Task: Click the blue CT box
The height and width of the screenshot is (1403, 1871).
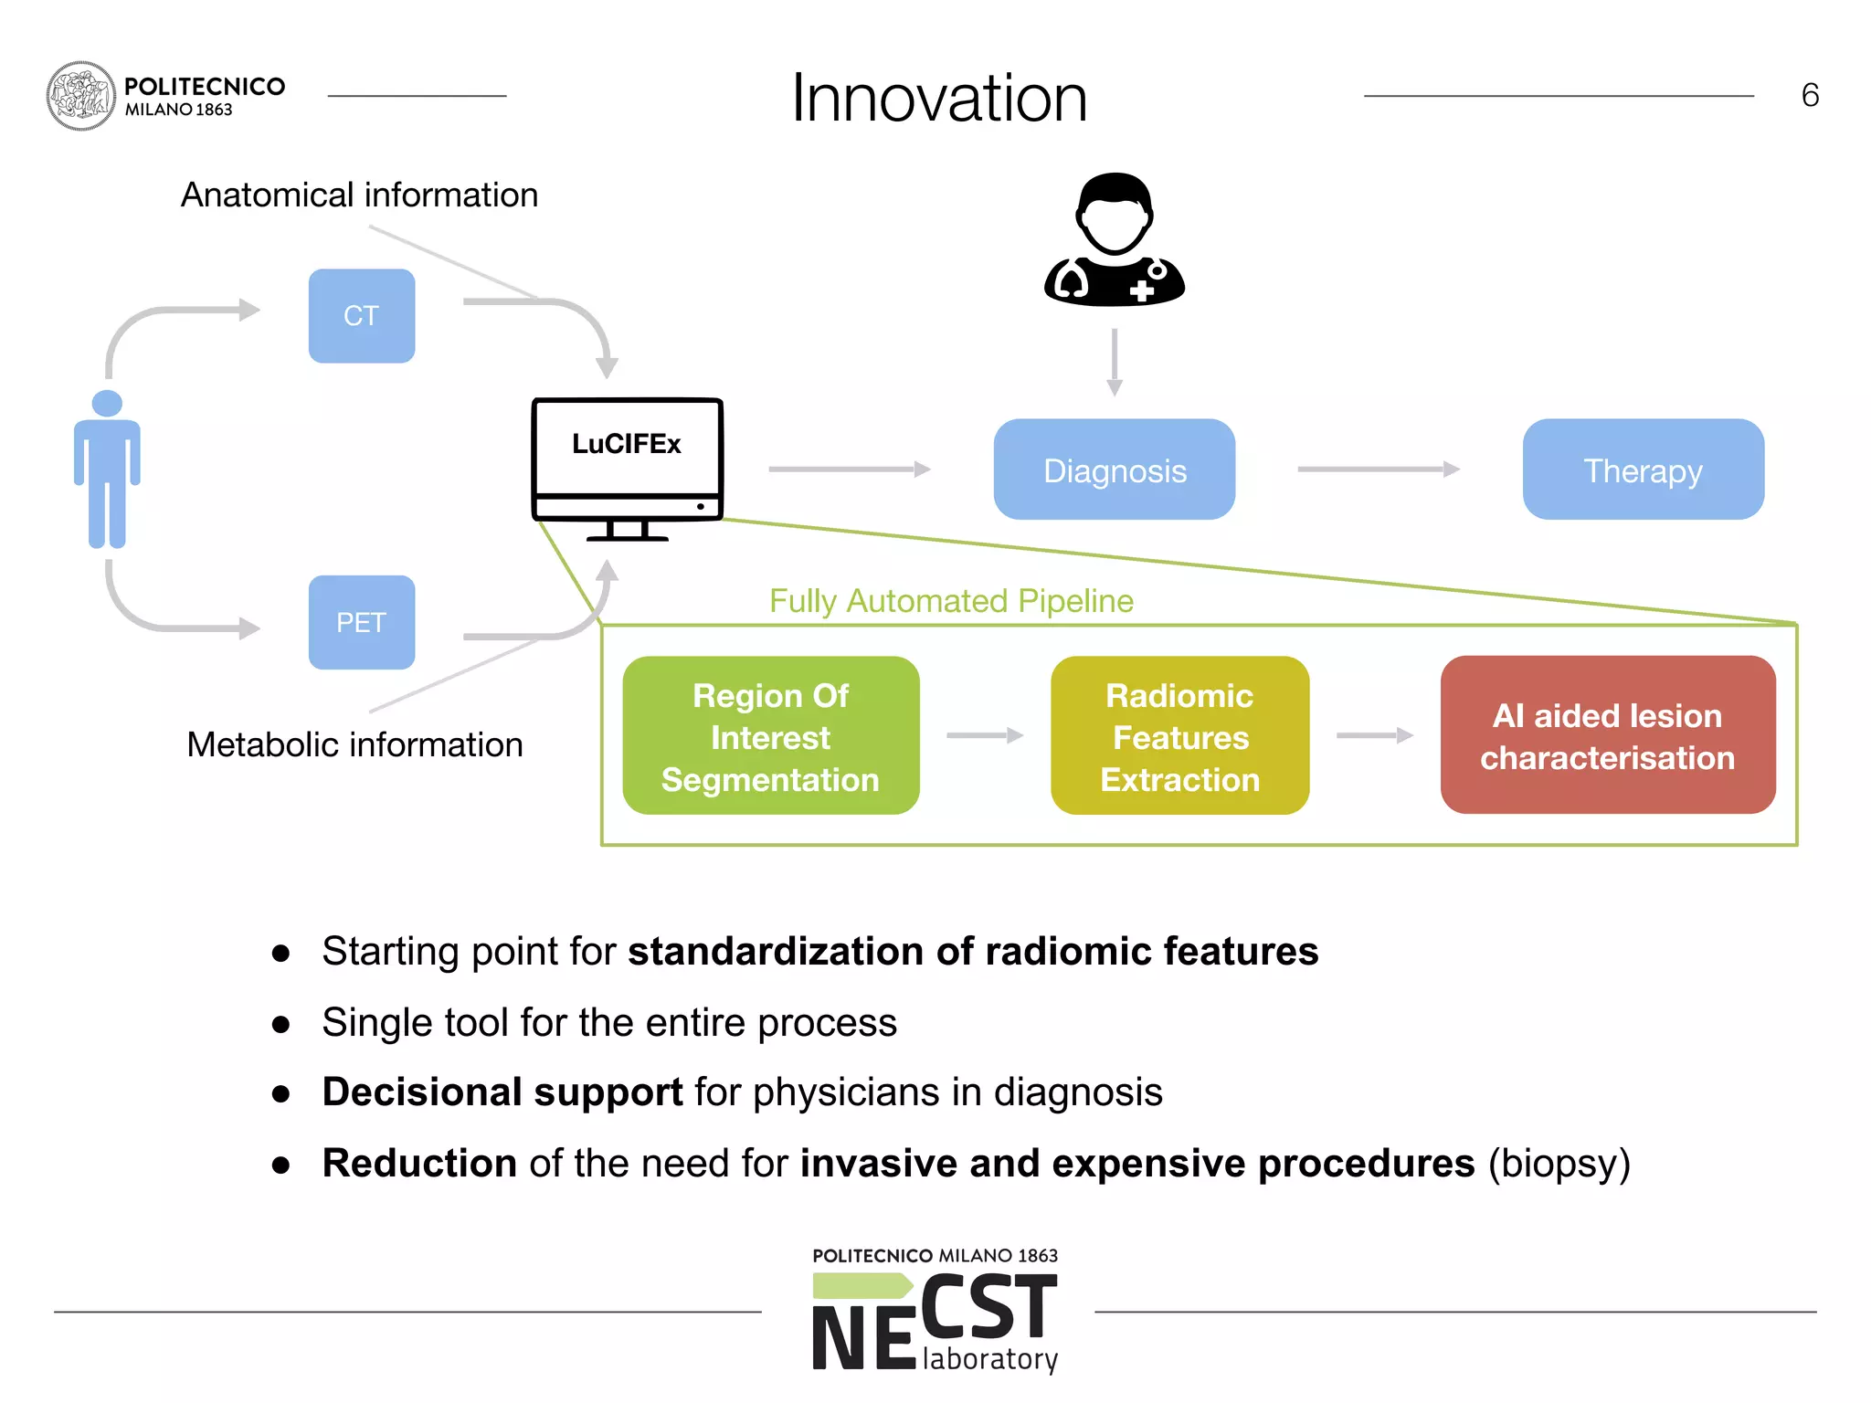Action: [361, 315]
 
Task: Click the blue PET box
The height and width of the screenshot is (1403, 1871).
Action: [361, 622]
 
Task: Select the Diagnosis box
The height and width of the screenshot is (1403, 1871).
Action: [1114, 469]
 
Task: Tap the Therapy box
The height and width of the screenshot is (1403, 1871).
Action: [1643, 469]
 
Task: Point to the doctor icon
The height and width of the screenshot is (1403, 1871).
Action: [1114, 239]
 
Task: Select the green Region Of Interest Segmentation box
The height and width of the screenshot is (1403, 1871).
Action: [770, 735]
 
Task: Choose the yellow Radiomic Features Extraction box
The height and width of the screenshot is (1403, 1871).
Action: [1179, 735]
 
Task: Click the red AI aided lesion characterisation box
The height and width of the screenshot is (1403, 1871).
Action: [1607, 735]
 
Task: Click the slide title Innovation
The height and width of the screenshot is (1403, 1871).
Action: [938, 98]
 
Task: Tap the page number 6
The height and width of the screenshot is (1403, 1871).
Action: [1809, 96]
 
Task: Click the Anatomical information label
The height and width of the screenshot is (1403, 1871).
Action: [359, 195]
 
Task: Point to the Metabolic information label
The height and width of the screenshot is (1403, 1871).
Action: [354, 744]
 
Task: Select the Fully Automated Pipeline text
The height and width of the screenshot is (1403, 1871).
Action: [951, 601]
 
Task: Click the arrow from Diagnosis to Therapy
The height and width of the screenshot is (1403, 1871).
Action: [1378, 469]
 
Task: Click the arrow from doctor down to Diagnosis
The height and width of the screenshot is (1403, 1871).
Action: [1114, 362]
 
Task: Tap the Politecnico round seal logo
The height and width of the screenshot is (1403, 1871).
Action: [80, 96]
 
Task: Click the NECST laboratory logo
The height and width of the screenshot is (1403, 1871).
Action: [935, 1313]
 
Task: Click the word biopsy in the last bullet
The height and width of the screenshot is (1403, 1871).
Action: [1559, 1164]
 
